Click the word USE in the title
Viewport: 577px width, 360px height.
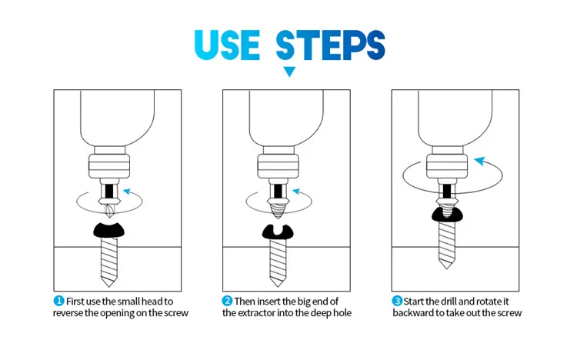coord(227,45)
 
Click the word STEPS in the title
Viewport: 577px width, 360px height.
coord(331,45)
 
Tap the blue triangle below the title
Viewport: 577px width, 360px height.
coord(289,72)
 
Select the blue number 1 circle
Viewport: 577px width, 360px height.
coord(59,301)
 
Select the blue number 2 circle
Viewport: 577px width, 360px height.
coord(228,301)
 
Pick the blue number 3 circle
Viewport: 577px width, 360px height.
coord(397,301)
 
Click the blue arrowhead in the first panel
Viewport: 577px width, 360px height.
coord(127,192)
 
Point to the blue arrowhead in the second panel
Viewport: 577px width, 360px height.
coord(296,192)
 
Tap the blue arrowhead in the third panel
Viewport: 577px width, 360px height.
coord(480,161)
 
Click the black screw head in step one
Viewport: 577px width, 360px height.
coord(109,230)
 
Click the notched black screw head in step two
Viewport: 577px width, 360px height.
coord(278,232)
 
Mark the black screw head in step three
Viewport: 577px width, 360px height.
coord(447,215)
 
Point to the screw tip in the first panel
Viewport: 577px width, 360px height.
coord(109,282)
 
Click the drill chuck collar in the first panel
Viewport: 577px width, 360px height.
coord(109,166)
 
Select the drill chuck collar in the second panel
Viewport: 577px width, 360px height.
coord(278,166)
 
